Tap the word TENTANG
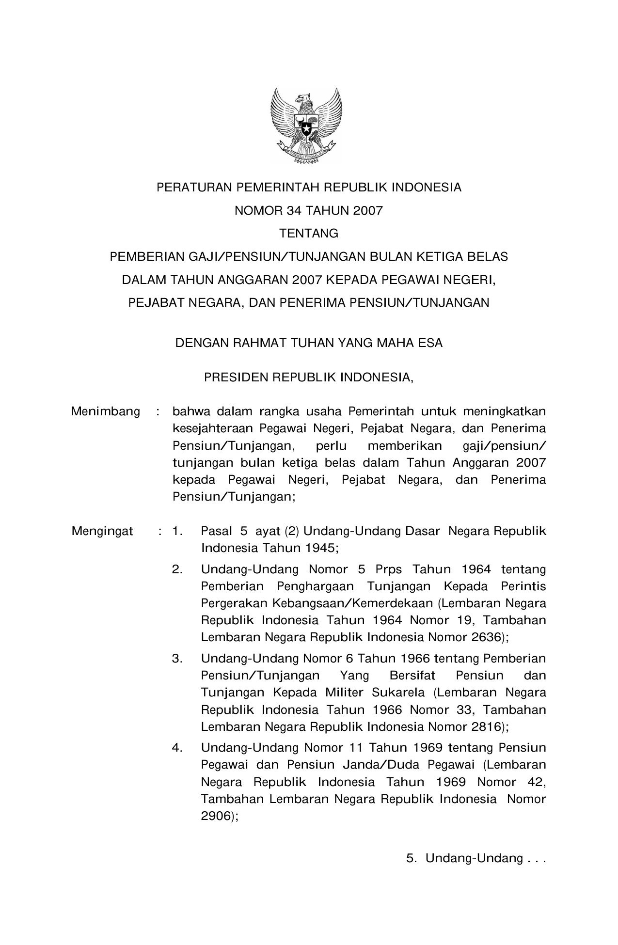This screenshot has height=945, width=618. pyautogui.click(x=309, y=234)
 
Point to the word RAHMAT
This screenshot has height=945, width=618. pyautogui.click(x=258, y=343)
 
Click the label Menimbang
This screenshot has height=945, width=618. pyautogui.click(x=105, y=412)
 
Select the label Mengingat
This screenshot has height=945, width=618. pyautogui.click(x=102, y=531)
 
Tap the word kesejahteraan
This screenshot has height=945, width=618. pyautogui.click(x=213, y=429)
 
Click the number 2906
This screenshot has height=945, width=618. pyautogui.click(x=217, y=816)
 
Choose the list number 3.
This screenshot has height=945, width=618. pyautogui.click(x=177, y=659)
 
